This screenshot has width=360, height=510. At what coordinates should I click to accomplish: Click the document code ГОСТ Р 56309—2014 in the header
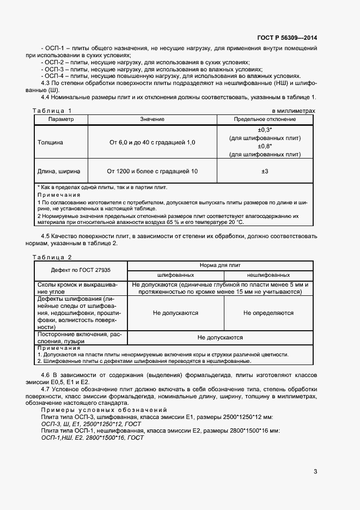[x=286, y=38]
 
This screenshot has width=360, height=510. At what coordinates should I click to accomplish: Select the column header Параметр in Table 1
[x=60, y=119]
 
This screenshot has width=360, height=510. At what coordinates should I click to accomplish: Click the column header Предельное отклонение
[x=265, y=119]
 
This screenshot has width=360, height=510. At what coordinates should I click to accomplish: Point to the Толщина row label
[x=50, y=142]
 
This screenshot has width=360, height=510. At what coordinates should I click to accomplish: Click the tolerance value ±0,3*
[x=265, y=130]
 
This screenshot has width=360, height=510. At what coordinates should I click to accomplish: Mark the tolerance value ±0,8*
[x=265, y=147]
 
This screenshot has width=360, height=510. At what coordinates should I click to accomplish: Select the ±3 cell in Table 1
[x=265, y=172]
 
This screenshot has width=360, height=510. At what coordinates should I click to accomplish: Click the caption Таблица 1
[x=52, y=111]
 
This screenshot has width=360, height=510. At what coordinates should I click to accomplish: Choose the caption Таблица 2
[x=52, y=257]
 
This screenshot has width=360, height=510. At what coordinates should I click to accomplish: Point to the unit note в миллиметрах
[x=294, y=111]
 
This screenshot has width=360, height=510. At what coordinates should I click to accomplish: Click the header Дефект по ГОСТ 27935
[x=80, y=270]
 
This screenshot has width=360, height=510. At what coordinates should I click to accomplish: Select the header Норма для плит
[x=220, y=265]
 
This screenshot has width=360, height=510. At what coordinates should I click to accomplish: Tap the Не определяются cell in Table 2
[x=268, y=313]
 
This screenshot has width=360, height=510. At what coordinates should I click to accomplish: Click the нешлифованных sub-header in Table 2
[x=268, y=275]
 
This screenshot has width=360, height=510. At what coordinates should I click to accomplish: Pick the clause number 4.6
[x=46, y=376]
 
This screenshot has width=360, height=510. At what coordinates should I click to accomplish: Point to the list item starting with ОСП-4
[x=170, y=76]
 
